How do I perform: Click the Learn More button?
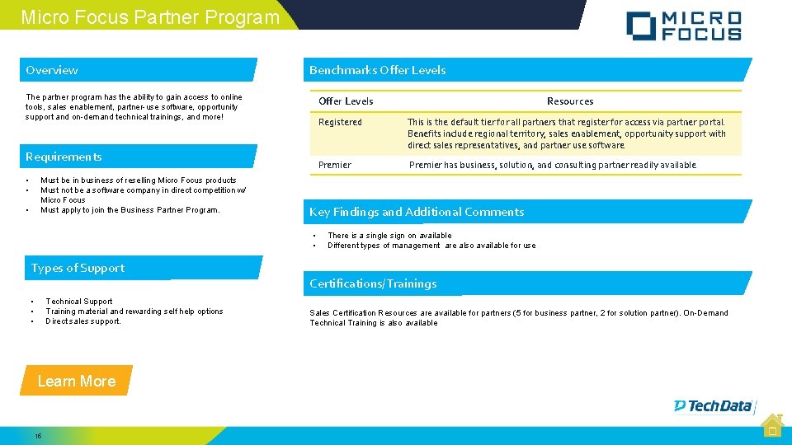coord(77,381)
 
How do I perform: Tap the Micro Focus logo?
coord(683,26)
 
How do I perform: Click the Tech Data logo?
coord(714,405)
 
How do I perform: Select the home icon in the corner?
coord(772,424)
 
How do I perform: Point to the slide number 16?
coord(38,435)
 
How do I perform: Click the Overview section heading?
coord(52,70)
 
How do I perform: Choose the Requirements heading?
coord(64,157)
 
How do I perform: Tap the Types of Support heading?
coord(78,268)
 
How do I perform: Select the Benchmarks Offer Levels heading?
coord(377,70)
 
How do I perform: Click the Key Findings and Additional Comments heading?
coord(417,212)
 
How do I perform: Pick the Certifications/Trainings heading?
coord(373,283)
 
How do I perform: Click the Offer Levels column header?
coord(346,101)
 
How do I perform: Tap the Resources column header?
coord(570,101)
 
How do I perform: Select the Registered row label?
coord(340,123)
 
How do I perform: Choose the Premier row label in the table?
coord(335,165)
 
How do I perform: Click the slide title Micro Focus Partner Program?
coord(150,16)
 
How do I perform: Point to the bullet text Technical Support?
coord(79,302)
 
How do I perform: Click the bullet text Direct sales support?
coord(83,321)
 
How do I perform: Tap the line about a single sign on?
coord(389,236)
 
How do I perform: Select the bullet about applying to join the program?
coord(130,210)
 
